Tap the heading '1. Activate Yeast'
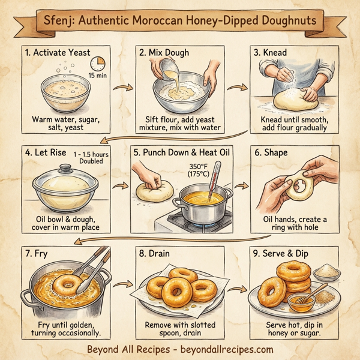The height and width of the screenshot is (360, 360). coord(59,53)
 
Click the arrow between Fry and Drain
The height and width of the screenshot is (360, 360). coord(122,287)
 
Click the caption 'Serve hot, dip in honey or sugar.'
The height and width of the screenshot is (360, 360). coord(294,329)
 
